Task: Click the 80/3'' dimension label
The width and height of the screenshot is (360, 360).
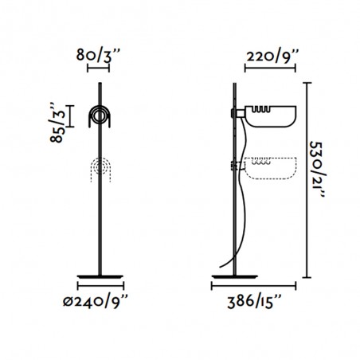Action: click(x=98, y=55)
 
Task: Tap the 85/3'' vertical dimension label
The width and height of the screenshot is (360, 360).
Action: click(x=57, y=123)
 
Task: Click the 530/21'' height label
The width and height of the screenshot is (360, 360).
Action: click(x=318, y=169)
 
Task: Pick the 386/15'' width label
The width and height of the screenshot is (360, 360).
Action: click(x=254, y=302)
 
